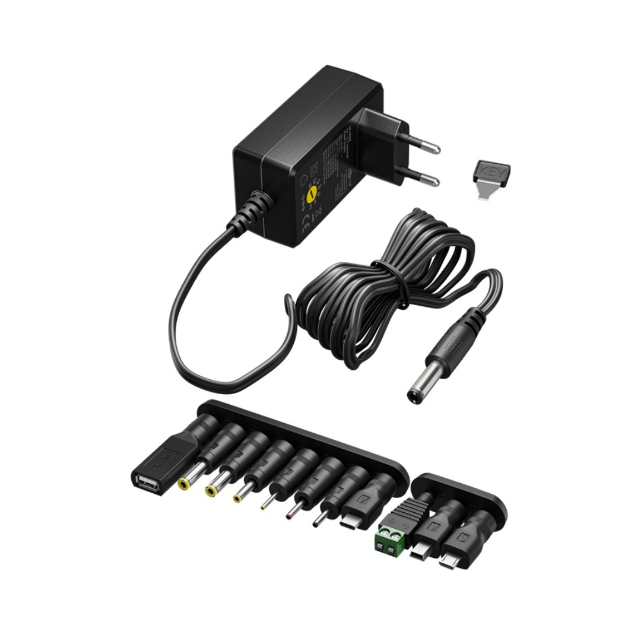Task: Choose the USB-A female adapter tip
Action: click(145, 481)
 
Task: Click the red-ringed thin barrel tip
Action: click(289, 514)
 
